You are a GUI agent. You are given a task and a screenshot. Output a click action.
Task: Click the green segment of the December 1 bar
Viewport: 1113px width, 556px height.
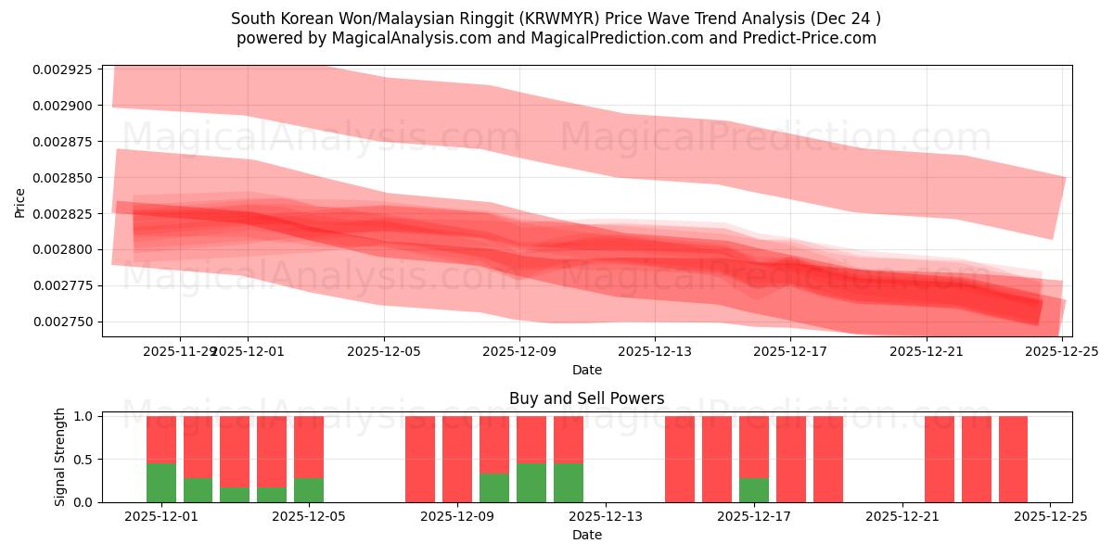161,483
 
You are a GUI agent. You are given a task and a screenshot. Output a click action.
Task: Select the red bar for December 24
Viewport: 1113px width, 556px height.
1013,459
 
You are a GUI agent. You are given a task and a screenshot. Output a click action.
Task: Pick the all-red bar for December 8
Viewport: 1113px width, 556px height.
420,459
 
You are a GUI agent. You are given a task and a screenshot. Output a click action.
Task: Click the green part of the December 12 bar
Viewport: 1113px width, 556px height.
569,483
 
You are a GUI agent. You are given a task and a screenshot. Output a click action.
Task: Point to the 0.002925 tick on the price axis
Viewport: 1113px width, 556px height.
62,69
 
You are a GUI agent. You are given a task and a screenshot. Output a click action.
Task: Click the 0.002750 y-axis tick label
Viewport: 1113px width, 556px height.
62,322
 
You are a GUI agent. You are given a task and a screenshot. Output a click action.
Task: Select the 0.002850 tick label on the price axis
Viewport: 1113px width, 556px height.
62,178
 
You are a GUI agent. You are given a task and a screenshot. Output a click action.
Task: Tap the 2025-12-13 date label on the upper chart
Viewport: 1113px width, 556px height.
655,351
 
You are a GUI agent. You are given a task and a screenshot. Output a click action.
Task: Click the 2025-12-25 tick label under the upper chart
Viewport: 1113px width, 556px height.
1062,351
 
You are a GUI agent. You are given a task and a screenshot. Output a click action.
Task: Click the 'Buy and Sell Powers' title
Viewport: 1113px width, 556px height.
586,399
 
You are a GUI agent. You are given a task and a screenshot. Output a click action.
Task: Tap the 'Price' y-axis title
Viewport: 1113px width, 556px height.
20,201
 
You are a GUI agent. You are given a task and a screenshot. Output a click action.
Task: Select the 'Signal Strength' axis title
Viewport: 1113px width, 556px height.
60,457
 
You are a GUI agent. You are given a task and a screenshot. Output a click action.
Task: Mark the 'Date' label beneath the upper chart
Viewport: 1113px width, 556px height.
586,370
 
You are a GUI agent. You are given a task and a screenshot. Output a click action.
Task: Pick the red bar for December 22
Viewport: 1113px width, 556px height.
940,459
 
